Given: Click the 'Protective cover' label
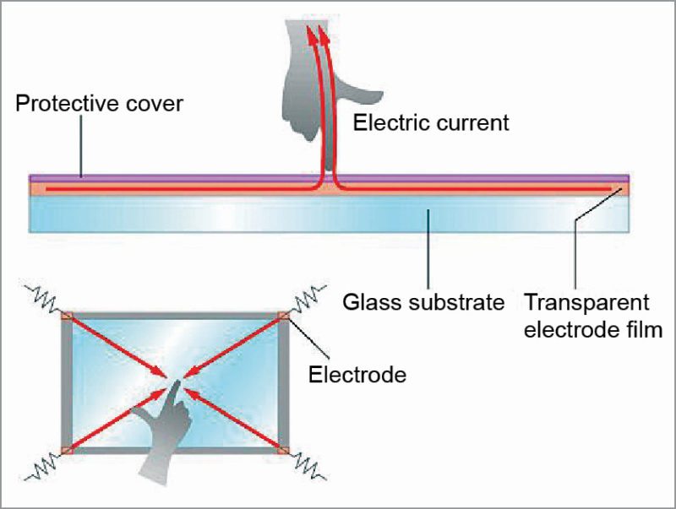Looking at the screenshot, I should pos(99,106).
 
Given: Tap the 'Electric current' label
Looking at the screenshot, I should pos(431,123).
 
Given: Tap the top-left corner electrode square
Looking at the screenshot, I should pos(67,317).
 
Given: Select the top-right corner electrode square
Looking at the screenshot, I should pos(283,317).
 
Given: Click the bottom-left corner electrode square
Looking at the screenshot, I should pos(67,450).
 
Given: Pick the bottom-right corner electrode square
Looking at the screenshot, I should pos(283,450).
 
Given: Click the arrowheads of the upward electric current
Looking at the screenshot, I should pos(317,35).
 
